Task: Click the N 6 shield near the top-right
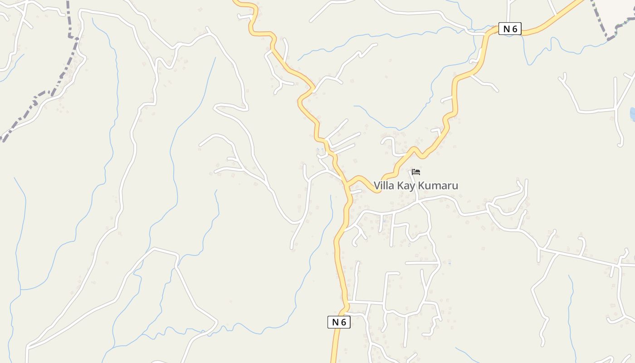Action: (510, 29)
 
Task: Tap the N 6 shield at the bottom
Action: (339, 322)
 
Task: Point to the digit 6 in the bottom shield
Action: (344, 322)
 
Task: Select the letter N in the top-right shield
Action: (507, 29)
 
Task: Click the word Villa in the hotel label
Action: (384, 186)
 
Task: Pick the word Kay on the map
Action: (407, 186)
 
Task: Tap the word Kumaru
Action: (438, 186)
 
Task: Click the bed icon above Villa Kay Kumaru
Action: (416, 172)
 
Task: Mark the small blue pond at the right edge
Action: (632, 113)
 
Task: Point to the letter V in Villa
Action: (377, 186)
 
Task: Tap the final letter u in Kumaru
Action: (455, 186)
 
